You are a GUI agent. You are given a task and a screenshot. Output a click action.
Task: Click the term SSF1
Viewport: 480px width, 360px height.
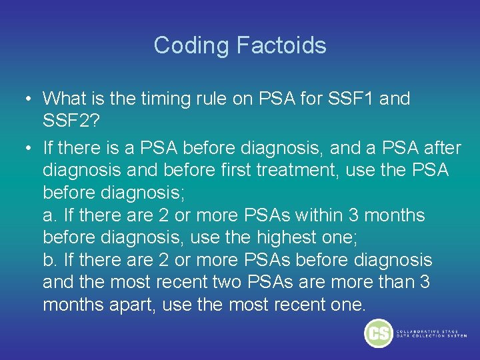point(357,99)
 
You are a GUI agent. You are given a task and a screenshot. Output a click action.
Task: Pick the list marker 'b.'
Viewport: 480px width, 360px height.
point(51,260)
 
